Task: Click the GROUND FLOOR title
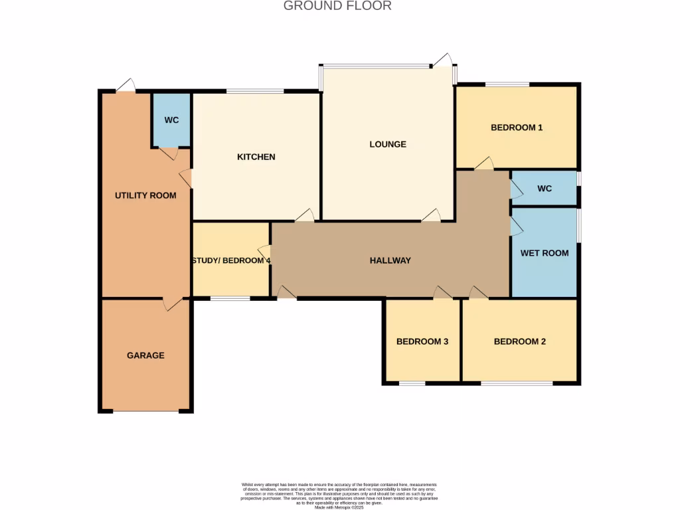[x=337, y=6]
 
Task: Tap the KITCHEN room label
[x=256, y=157]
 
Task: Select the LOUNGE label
[x=388, y=144]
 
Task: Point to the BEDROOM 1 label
[x=517, y=127]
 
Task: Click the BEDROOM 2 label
[x=520, y=342]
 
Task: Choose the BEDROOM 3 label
[x=422, y=342]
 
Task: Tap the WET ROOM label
[x=544, y=253]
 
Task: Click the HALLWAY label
[x=390, y=261]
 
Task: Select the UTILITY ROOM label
[x=145, y=195]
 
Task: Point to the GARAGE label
[x=145, y=356]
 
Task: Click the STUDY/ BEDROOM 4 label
[x=231, y=261]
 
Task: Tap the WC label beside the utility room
[x=171, y=120]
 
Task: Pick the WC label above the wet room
[x=545, y=189]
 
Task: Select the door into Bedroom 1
[x=483, y=163]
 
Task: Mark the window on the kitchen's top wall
[x=255, y=91]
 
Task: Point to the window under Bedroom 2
[x=517, y=383]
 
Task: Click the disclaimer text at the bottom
[x=339, y=496]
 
